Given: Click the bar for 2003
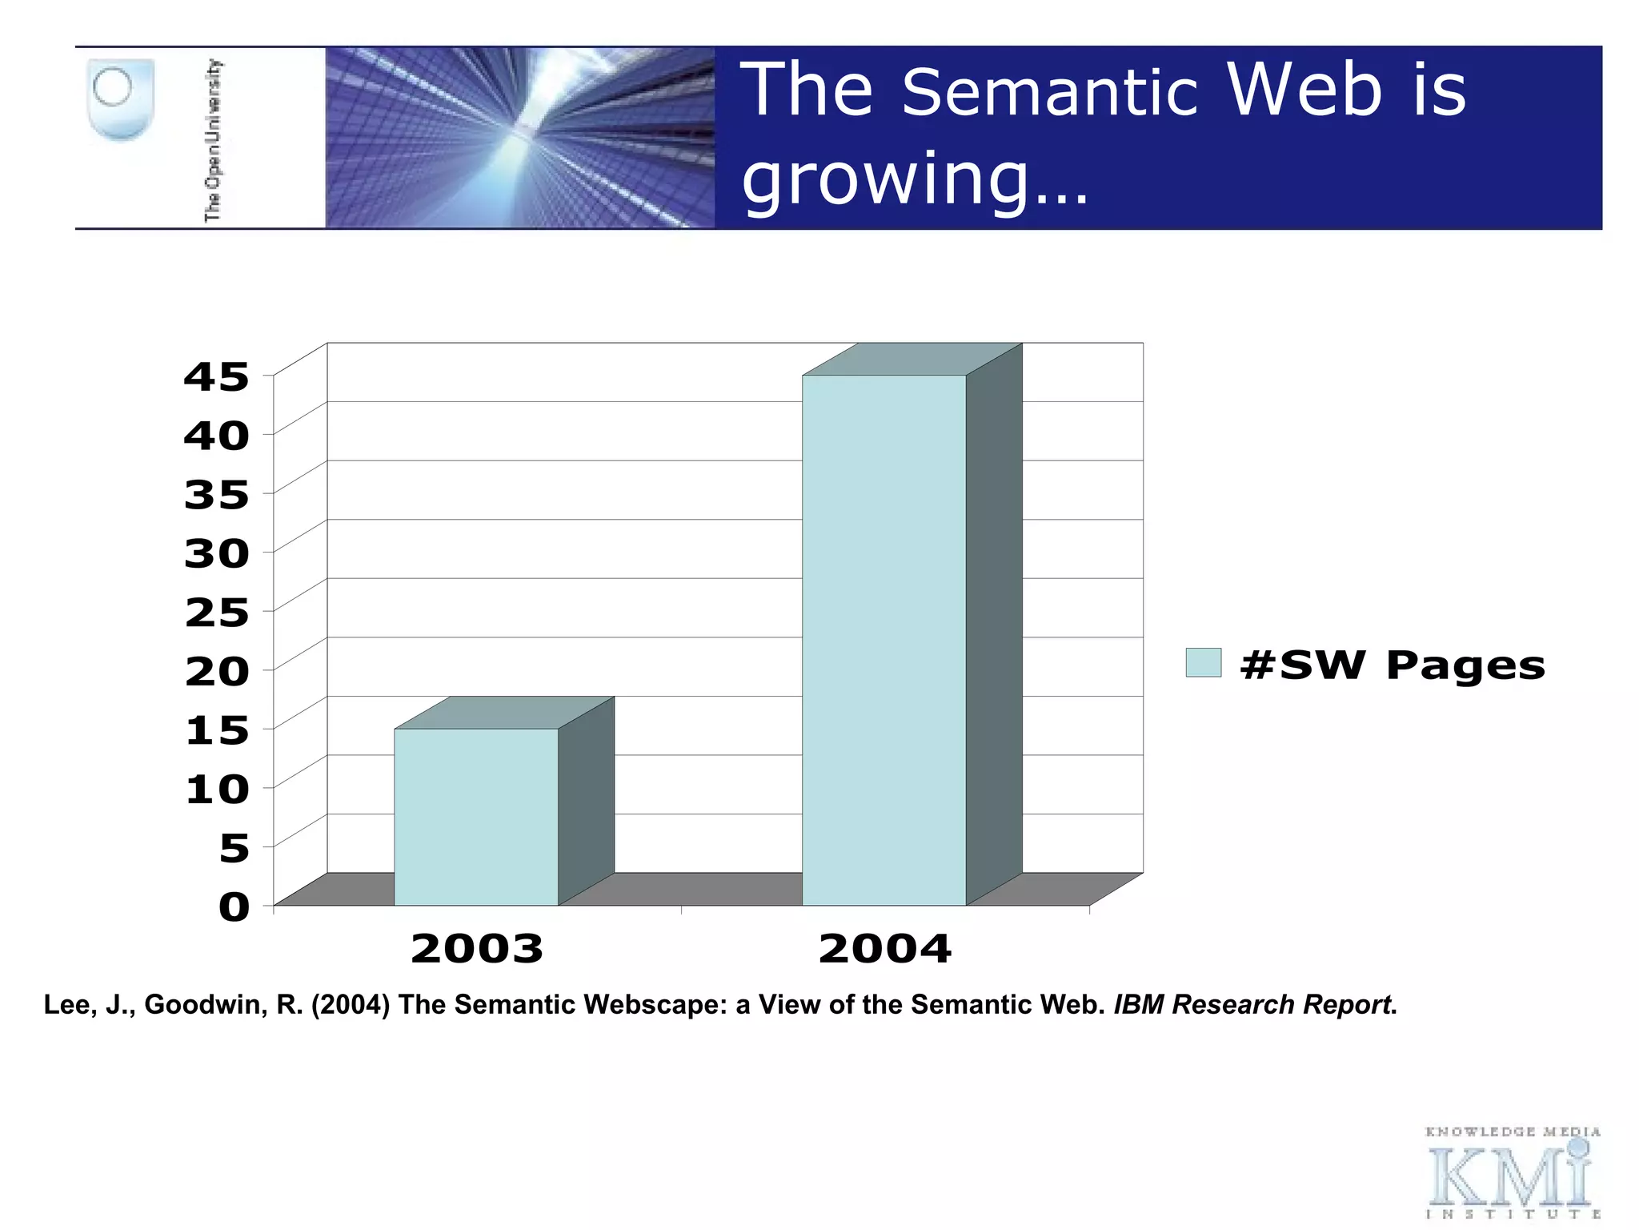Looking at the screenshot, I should (x=476, y=817).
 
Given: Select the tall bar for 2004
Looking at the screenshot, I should (x=884, y=641).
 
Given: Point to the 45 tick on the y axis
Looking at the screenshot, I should (x=216, y=377).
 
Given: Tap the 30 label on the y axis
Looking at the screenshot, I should (x=216, y=553).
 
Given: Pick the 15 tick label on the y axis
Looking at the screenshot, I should (x=216, y=730).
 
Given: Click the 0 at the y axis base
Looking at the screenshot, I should (x=234, y=907).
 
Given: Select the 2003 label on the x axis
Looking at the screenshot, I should (x=477, y=949).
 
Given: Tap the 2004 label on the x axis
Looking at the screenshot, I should (x=885, y=949).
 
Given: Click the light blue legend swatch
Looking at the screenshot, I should (x=1203, y=663).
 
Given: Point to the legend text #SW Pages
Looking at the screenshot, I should (x=1393, y=665).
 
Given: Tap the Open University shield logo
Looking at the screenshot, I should (x=119, y=100).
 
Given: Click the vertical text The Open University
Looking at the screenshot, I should (x=213, y=139).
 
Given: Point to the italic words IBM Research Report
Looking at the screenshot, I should (x=1252, y=1004).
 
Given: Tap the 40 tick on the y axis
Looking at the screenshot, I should (x=216, y=436).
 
